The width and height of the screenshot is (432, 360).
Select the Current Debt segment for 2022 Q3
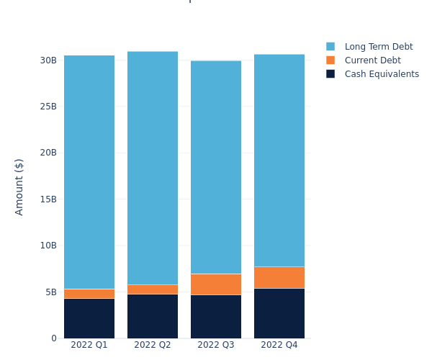pos(216,284)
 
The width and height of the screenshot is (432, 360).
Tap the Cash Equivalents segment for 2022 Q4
pos(279,313)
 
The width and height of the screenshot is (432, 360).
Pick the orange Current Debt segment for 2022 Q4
pos(279,277)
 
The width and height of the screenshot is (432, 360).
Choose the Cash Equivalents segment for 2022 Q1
pos(89,318)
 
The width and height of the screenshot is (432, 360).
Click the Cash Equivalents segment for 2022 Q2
pos(153,316)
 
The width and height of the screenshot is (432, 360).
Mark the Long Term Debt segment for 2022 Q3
pos(216,167)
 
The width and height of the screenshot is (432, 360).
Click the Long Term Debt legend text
pos(379,47)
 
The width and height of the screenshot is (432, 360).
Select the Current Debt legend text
pos(372,60)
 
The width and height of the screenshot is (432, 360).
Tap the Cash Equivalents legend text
pos(382,74)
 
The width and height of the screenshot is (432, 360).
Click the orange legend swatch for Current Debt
pos(330,60)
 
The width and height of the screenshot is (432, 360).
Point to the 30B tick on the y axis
pos(48,60)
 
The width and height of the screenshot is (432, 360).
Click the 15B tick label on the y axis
pos(48,199)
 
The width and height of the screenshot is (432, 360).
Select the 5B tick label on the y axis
pos(50,292)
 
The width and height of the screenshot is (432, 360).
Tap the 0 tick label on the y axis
pos(53,338)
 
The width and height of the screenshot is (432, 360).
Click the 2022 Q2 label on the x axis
pos(153,346)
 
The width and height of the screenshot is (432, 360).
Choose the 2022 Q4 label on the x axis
pos(279,346)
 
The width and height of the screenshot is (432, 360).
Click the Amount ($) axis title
pos(19,186)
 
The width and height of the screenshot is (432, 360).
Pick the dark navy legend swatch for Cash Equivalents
pos(330,74)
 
